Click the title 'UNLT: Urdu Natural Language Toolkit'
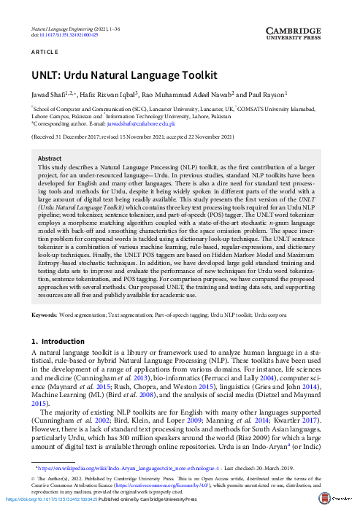pyautogui.click(x=124, y=75)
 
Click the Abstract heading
pyautogui.click(x=50, y=158)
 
